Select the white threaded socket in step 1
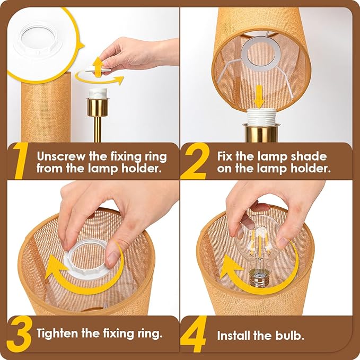click(98, 94)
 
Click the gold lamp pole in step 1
click(98, 127)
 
